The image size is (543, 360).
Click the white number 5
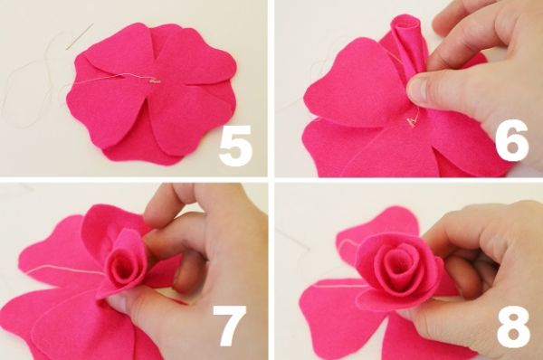point(235,146)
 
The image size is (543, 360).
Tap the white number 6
point(512,140)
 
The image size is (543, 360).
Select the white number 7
point(230,326)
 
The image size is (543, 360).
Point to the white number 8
point(513,327)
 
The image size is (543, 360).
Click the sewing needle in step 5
point(80,37)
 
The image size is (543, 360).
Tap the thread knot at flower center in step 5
point(155,81)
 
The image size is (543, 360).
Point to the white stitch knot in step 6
point(412,121)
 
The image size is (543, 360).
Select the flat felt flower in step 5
point(152,93)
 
